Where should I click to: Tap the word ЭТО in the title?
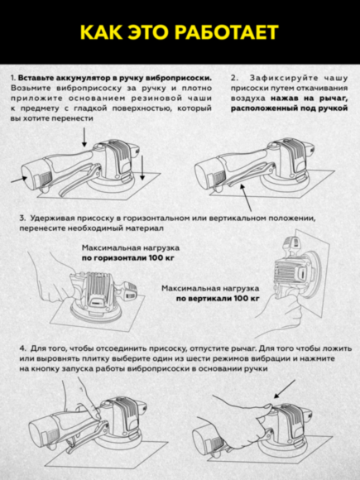tap(153, 32)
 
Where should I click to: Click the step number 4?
tap(22, 348)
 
